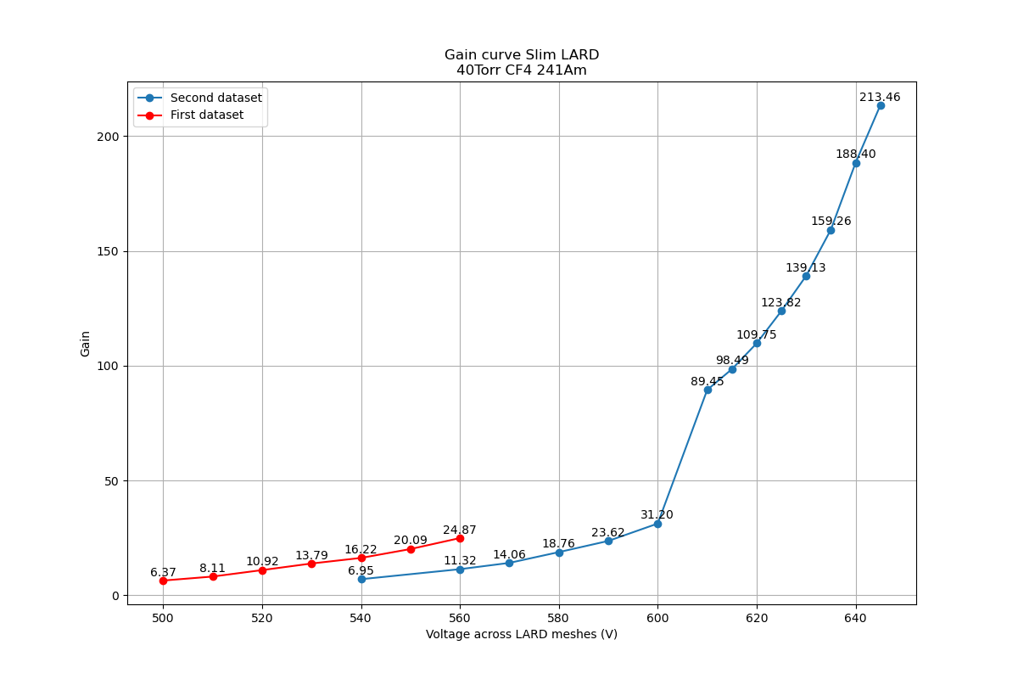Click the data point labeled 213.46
click(881, 105)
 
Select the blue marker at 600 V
click(657, 524)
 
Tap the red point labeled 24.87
click(460, 538)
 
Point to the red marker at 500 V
click(163, 581)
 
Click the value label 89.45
click(708, 382)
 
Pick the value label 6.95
click(361, 570)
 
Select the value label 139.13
click(805, 268)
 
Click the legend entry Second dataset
click(215, 98)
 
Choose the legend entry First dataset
click(206, 115)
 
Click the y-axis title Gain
click(86, 343)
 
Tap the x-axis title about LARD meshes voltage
click(521, 635)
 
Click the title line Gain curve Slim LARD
click(521, 55)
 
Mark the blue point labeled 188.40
click(856, 163)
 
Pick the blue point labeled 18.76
click(559, 553)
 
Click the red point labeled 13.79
click(311, 564)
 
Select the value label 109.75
click(756, 335)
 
